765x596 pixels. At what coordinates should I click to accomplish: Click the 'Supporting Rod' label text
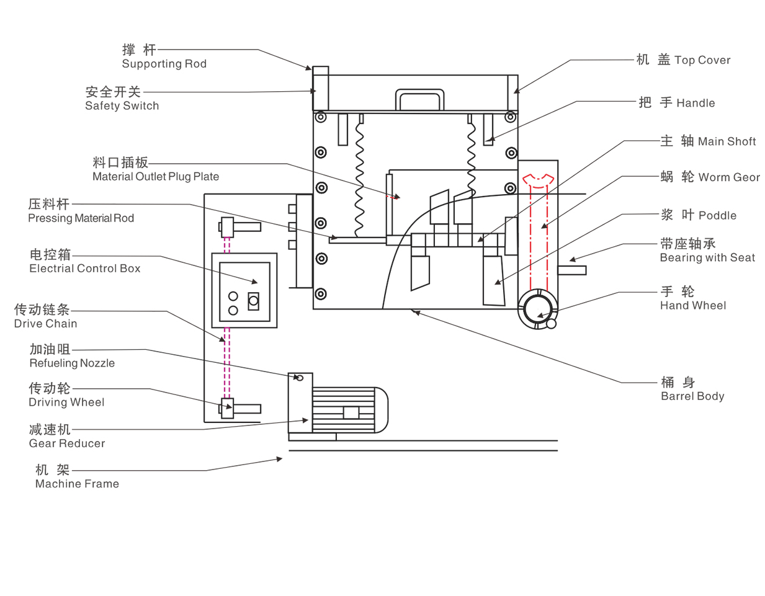164,64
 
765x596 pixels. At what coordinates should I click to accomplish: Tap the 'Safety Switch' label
122,106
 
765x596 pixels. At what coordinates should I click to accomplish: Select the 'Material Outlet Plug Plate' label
155,177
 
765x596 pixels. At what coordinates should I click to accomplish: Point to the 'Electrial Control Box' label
84,269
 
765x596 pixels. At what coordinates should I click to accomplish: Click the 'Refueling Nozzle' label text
72,363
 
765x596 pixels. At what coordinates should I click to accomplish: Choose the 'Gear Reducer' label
67,443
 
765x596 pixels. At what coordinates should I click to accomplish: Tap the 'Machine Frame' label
77,484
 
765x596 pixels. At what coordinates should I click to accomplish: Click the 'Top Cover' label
702,60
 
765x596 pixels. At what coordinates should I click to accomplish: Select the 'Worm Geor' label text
728,177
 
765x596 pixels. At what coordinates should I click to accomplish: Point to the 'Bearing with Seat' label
707,258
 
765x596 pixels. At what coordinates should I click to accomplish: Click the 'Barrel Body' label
692,396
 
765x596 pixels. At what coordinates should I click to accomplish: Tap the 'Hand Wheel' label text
692,306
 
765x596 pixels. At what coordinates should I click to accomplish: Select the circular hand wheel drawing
537,308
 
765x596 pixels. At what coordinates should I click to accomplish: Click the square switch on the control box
253,301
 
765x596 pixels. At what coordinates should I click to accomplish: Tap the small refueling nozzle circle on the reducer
299,378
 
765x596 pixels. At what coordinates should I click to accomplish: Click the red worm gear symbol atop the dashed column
537,179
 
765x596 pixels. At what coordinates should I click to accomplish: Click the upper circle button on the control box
233,296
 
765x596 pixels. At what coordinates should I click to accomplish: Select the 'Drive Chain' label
45,324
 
